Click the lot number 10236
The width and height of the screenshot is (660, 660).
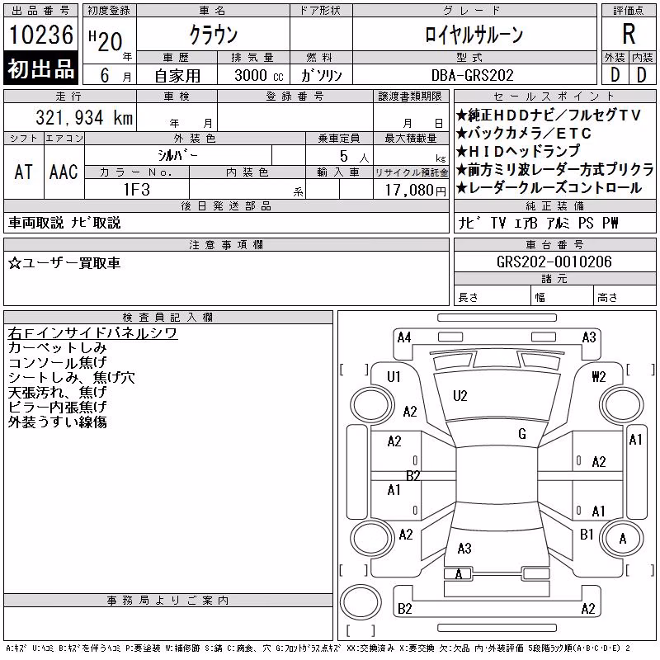(x=41, y=35)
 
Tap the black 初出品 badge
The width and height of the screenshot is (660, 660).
(x=40, y=68)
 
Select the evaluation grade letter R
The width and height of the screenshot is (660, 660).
(x=629, y=34)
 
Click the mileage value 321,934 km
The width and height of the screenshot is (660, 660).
(x=84, y=117)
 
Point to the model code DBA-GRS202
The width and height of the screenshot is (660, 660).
(x=472, y=75)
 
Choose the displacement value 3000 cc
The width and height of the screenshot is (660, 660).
(x=259, y=75)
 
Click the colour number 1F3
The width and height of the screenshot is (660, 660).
(x=137, y=190)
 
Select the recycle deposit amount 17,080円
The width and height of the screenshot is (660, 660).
(x=415, y=191)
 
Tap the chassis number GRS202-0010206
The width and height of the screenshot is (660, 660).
(x=554, y=262)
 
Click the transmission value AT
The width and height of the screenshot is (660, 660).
(x=24, y=172)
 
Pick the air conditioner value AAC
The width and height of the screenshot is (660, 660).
(x=64, y=172)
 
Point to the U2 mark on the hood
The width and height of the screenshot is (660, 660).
(x=460, y=396)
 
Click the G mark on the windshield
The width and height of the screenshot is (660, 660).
(x=522, y=434)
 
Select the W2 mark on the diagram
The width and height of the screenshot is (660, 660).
(x=599, y=376)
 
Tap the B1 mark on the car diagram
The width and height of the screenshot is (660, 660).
(x=587, y=534)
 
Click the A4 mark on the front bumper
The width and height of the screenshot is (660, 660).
(x=404, y=337)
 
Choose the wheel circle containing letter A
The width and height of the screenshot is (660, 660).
(x=622, y=539)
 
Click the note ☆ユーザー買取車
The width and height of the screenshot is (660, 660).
(x=64, y=263)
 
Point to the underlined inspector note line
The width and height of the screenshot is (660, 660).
(x=92, y=333)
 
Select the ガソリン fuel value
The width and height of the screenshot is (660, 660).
(x=321, y=75)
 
